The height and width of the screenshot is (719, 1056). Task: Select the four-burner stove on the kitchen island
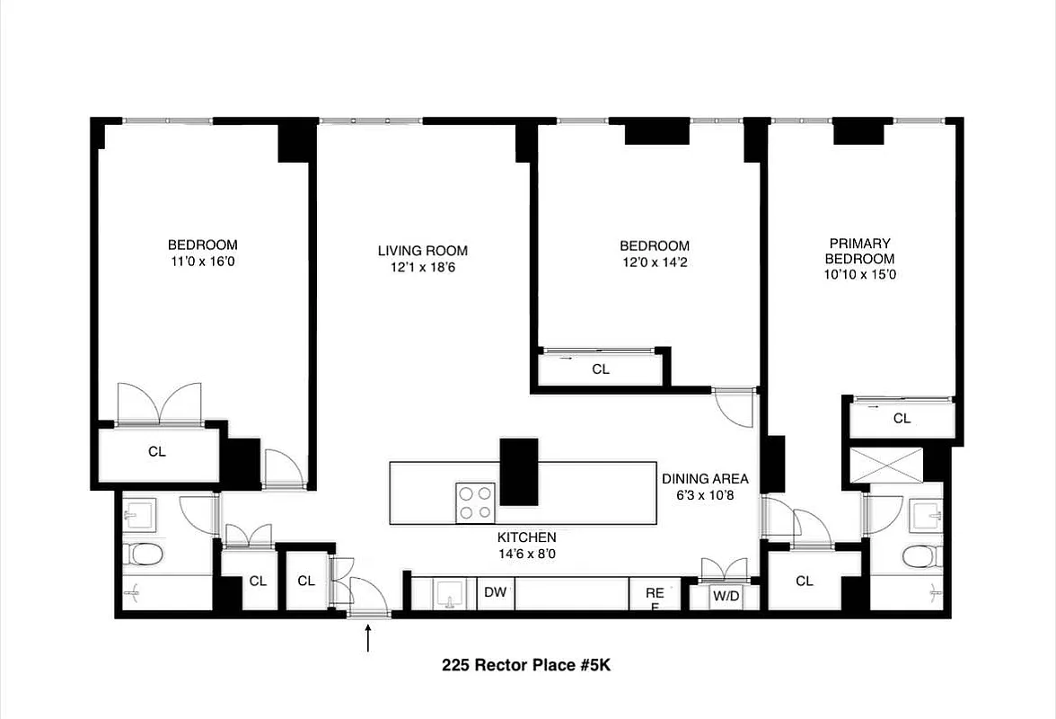pos(475,502)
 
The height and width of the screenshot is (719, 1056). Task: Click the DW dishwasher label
pos(494,592)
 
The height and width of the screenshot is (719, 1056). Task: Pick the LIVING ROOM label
pos(422,251)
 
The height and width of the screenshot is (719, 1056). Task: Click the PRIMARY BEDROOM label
pos(859,251)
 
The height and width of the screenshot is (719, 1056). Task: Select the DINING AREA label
pos(705,479)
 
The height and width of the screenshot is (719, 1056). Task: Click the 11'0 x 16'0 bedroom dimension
pos(202,262)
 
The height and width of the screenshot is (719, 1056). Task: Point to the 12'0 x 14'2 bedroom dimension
pos(654,262)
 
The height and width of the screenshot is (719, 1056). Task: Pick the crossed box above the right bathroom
pos(885,465)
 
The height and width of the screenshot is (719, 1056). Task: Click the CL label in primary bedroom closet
pos(902,418)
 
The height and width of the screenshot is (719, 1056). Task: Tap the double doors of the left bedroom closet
pos(159,404)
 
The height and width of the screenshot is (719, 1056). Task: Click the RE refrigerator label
pos(655,594)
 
